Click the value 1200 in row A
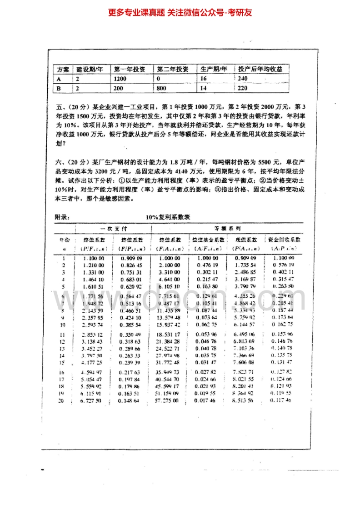click(121, 79)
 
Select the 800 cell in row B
click(161, 88)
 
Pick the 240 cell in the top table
click(243, 79)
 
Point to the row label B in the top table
click(58, 88)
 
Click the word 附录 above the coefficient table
click(62, 217)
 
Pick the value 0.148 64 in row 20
click(130, 400)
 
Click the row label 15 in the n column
click(62, 363)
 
